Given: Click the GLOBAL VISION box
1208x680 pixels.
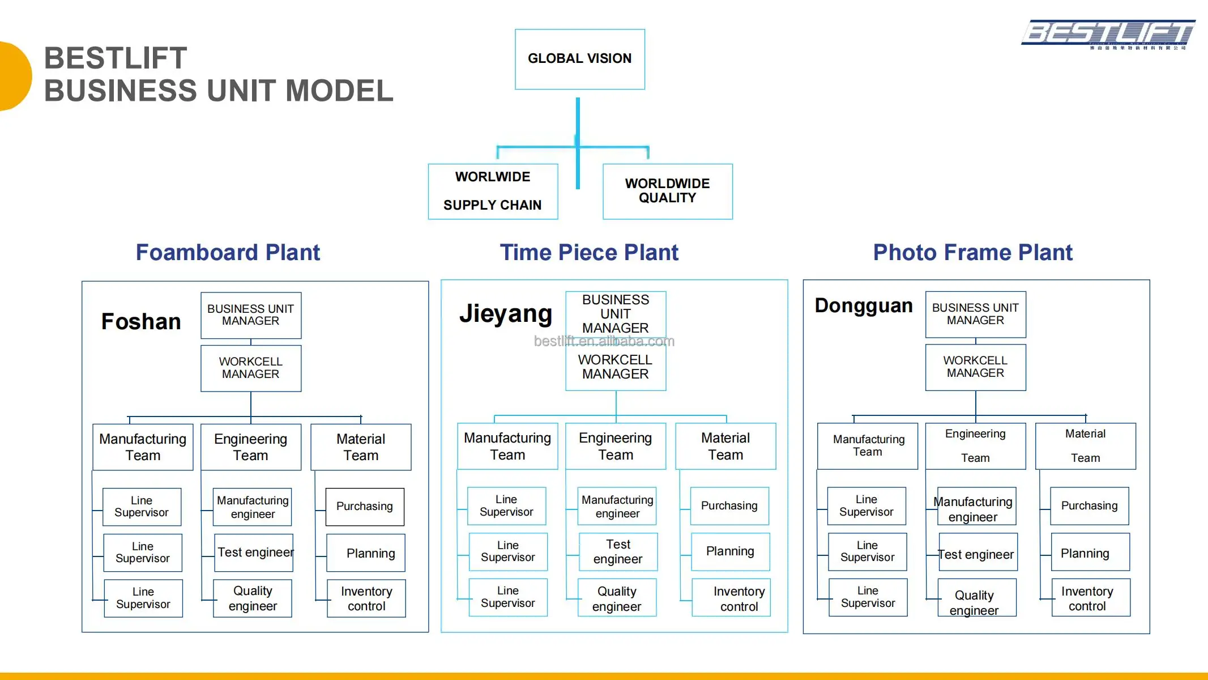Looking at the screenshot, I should tap(579, 59).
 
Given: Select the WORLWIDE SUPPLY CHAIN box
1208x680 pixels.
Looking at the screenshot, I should tap(493, 191).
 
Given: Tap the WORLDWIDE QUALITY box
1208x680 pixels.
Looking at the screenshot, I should tap(667, 191).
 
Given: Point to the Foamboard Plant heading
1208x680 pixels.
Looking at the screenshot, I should tap(228, 252).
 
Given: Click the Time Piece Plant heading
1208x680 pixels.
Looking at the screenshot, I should tap(589, 252).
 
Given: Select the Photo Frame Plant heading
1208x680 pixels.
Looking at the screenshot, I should tap(972, 252).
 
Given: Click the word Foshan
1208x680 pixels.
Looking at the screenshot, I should tap(141, 321).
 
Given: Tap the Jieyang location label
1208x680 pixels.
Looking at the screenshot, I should tap(505, 313).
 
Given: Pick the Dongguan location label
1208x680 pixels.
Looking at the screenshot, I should tap(864, 305).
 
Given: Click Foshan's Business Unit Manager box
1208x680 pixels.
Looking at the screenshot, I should tap(251, 315).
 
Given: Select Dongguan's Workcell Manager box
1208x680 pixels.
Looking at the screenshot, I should tap(975, 367).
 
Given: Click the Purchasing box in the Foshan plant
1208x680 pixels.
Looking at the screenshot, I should tap(365, 507).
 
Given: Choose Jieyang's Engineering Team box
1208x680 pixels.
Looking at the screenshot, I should tap(616, 446).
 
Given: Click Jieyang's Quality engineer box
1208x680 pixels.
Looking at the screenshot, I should tap(617, 598).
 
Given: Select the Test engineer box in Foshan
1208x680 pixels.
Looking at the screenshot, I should tap(254, 552).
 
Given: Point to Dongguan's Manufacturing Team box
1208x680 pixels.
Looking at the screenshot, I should tap(868, 446).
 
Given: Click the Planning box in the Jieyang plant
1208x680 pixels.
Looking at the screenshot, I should tap(730, 551).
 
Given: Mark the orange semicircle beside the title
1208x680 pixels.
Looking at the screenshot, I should tap(14, 76).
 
